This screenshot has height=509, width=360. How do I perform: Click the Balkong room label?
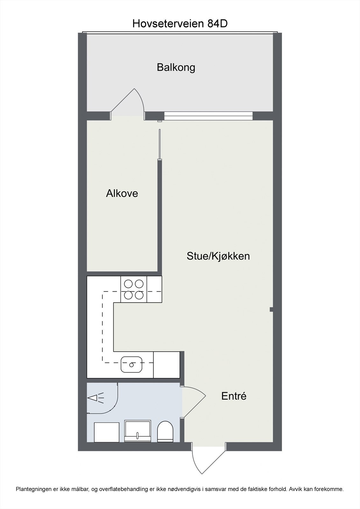click(176, 67)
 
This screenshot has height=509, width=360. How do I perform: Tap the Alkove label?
click(122, 193)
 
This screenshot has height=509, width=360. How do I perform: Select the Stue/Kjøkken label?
click(218, 256)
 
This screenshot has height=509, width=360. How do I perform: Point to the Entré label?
click(234, 396)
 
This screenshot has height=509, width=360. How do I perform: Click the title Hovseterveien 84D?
click(180, 24)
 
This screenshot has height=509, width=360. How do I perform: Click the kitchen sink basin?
click(131, 365)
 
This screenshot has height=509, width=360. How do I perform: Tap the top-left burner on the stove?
click(128, 283)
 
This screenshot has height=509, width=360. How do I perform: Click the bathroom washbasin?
click(138, 430)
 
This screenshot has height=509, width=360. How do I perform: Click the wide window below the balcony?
click(208, 116)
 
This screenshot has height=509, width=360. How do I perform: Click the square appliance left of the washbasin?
click(107, 432)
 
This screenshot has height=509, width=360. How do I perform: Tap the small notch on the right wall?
click(271, 309)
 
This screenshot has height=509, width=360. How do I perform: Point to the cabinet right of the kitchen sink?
click(166, 365)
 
